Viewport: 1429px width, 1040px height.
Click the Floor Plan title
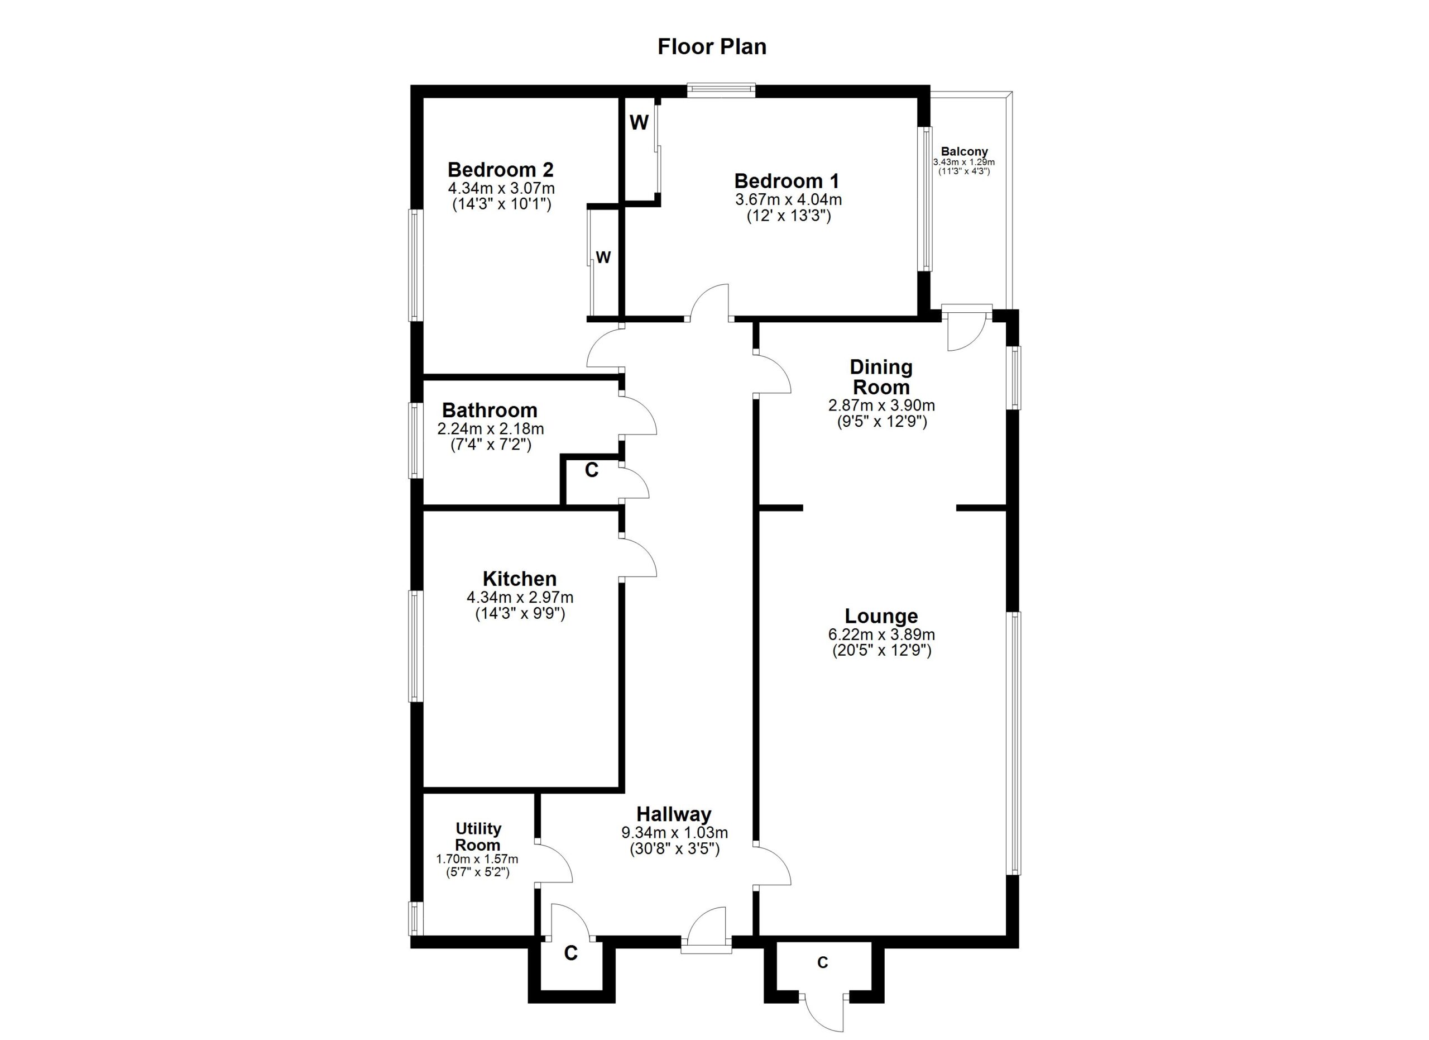coord(712,47)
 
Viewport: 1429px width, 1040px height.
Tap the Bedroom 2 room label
coord(500,170)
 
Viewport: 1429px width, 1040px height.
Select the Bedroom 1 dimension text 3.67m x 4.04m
coord(788,200)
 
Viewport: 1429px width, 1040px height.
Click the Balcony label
coord(964,151)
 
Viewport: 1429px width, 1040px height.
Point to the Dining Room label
coord(881,377)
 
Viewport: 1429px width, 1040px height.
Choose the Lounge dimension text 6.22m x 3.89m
coord(881,635)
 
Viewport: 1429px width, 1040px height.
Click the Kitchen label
coord(519,579)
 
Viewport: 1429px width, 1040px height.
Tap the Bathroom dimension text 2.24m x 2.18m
coord(490,428)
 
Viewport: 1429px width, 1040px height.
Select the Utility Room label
coord(478,836)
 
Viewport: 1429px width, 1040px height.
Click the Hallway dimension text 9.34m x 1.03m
coord(674,833)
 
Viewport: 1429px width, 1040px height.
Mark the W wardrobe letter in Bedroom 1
coord(639,123)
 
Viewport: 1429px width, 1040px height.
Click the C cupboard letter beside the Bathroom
coord(591,470)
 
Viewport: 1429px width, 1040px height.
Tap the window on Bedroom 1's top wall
coord(721,90)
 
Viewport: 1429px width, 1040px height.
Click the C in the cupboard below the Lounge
coord(822,962)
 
